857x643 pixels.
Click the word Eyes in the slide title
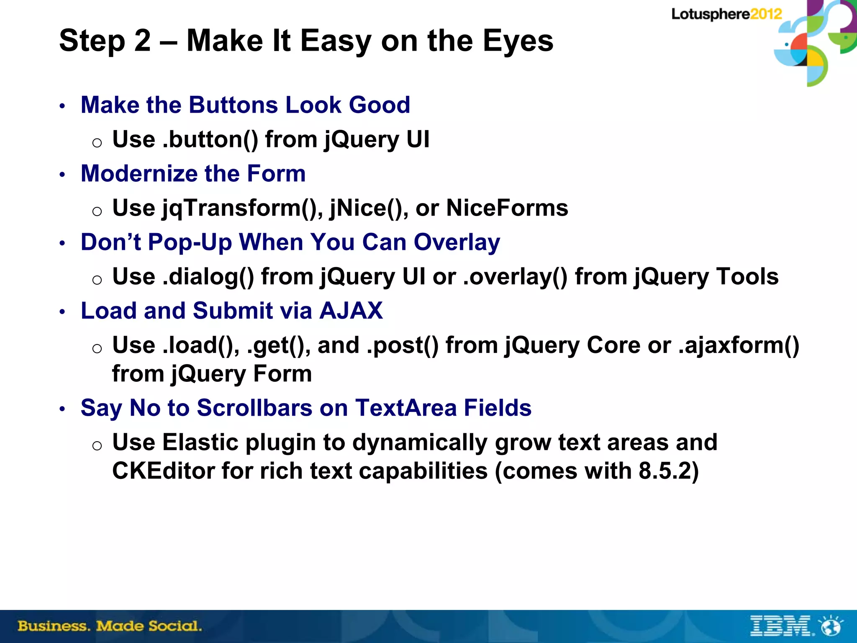tap(518, 41)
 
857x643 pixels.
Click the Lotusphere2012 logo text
tap(726, 14)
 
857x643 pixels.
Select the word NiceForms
tap(507, 208)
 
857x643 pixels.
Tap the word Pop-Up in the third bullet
tap(189, 242)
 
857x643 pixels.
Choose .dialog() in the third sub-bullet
tap(208, 277)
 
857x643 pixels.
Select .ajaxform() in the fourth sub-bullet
tap(739, 345)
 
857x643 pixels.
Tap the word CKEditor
tap(163, 471)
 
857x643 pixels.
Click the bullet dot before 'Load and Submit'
tap(62, 312)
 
